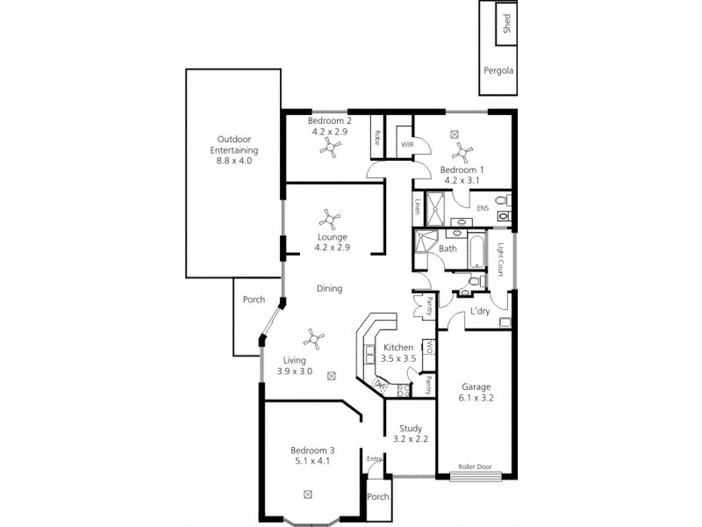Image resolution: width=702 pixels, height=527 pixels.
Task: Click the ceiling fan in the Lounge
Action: (x=333, y=218)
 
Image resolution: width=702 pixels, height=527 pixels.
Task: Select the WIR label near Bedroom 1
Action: (x=407, y=144)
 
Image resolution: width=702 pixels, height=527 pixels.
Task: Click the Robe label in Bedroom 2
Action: (x=376, y=137)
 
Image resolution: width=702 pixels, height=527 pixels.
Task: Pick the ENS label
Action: (x=483, y=208)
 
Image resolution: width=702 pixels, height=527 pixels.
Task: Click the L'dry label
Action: (x=479, y=312)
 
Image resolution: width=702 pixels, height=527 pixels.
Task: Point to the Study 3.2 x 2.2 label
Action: (x=410, y=434)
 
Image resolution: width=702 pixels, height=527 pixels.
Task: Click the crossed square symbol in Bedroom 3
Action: (x=307, y=495)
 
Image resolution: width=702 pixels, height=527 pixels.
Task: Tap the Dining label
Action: (x=329, y=288)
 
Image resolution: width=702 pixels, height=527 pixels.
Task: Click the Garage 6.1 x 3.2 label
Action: (x=476, y=392)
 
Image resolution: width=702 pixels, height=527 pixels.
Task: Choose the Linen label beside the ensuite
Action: (x=418, y=206)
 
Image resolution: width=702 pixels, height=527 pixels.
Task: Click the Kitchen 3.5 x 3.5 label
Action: (x=398, y=353)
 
